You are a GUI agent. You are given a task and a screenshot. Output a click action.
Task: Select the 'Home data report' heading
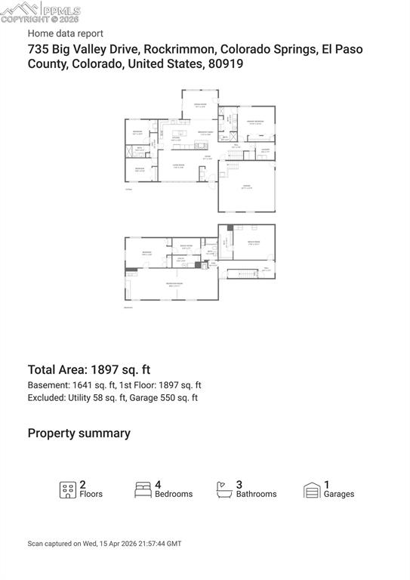[66, 33]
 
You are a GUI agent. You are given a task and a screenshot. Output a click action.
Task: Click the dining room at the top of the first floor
[200, 105]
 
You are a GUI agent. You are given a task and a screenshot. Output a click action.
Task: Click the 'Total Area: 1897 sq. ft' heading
[89, 369]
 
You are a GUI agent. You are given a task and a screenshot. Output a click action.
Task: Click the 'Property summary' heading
[79, 433]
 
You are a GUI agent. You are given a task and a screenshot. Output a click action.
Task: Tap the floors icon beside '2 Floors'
[68, 489]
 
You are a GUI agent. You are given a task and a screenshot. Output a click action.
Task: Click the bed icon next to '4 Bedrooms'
[143, 489]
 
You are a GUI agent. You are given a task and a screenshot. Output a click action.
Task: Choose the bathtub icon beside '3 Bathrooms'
[224, 489]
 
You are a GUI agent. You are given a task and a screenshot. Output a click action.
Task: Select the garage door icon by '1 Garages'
[312, 489]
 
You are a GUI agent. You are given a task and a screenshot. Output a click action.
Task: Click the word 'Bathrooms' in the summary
[256, 494]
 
